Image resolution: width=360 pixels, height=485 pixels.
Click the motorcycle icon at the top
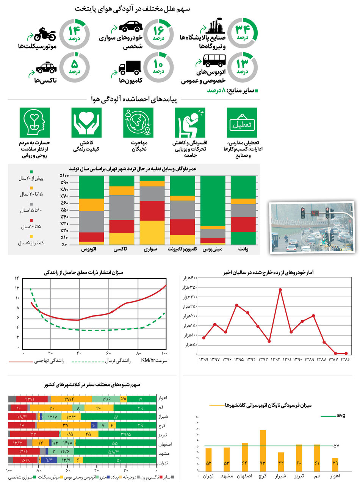click(x=45, y=34)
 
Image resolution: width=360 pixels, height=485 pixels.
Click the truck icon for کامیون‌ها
click(x=130, y=67)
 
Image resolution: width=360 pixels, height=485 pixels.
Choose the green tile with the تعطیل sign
click(x=242, y=122)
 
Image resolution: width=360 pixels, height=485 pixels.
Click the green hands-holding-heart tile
click(x=86, y=122)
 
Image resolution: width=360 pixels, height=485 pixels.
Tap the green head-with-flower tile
click(x=34, y=122)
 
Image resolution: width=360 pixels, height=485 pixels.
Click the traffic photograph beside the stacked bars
click(x=311, y=227)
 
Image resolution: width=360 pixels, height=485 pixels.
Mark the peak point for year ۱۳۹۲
click(x=280, y=289)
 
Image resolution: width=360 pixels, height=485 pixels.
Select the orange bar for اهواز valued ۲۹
click(x=335, y=464)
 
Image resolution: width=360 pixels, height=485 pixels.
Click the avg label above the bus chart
click(x=341, y=415)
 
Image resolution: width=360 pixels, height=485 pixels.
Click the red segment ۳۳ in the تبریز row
click(x=34, y=433)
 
